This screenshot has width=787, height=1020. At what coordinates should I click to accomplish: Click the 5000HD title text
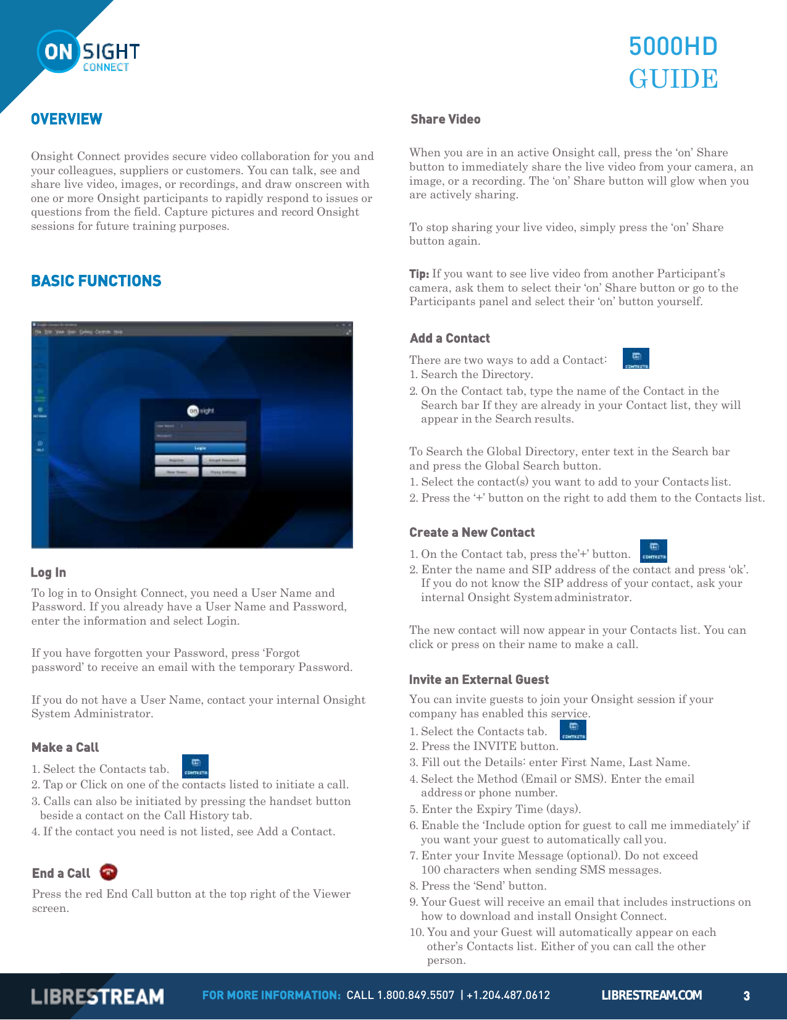click(x=673, y=47)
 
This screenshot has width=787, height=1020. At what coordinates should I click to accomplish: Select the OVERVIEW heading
click(x=67, y=119)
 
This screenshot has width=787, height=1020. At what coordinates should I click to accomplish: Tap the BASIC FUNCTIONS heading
click(x=96, y=281)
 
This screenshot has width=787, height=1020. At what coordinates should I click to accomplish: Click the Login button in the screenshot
click(x=200, y=448)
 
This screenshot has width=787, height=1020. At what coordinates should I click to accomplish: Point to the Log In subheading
click(x=48, y=573)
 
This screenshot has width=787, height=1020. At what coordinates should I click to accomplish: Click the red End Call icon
click(x=109, y=872)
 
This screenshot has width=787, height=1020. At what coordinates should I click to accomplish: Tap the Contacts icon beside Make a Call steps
click(x=195, y=766)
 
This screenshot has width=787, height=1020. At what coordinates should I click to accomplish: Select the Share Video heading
click(x=445, y=119)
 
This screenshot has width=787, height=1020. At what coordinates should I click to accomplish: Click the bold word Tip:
click(x=419, y=274)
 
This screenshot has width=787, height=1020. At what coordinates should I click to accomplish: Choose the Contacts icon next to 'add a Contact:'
click(x=636, y=358)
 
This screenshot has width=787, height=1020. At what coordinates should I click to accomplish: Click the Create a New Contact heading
click(x=472, y=533)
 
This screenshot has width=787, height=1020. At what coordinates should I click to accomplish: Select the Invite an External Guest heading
click(x=478, y=680)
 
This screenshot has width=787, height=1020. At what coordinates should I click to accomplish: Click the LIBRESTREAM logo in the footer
click(x=98, y=997)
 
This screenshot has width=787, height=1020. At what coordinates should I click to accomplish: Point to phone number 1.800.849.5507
click(x=415, y=995)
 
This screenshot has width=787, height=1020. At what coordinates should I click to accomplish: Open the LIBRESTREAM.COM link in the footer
click(x=651, y=995)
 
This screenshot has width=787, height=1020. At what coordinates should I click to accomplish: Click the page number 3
click(x=746, y=996)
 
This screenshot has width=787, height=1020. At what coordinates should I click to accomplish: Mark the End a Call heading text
click(x=61, y=874)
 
